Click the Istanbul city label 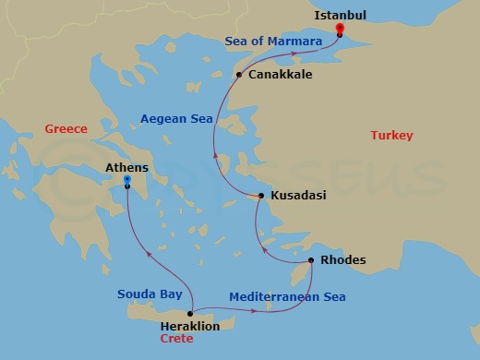tap(341, 16)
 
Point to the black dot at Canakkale tap(239, 75)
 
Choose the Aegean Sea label tap(176, 118)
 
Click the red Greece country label tap(66, 130)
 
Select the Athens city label tap(127, 168)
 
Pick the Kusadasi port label tap(299, 196)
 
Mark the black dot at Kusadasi tap(261, 196)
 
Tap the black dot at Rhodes tap(311, 260)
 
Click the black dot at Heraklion tap(190, 314)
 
